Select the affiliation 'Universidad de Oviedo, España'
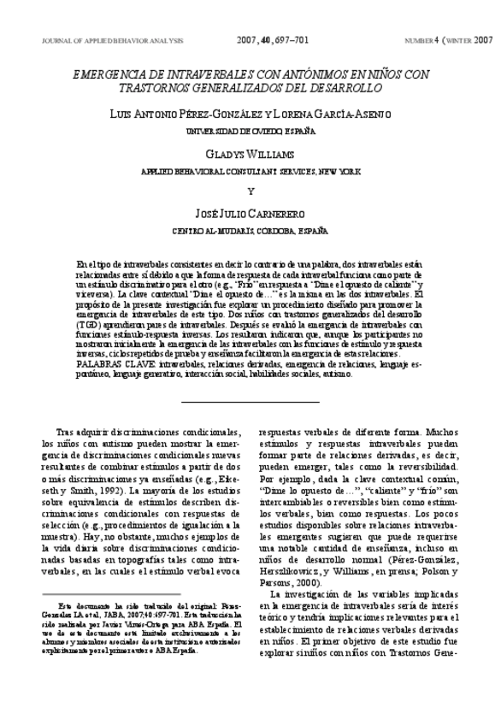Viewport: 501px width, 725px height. [x=250, y=130]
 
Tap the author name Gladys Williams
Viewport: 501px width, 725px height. [x=250, y=154]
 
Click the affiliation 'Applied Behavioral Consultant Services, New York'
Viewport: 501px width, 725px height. [x=250, y=171]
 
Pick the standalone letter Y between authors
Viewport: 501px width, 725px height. [x=250, y=191]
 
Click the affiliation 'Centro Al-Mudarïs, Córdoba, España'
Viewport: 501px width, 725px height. [x=250, y=231]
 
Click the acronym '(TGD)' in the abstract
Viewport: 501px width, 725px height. [x=88, y=326]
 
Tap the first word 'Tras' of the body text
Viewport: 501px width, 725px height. [x=65, y=433]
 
